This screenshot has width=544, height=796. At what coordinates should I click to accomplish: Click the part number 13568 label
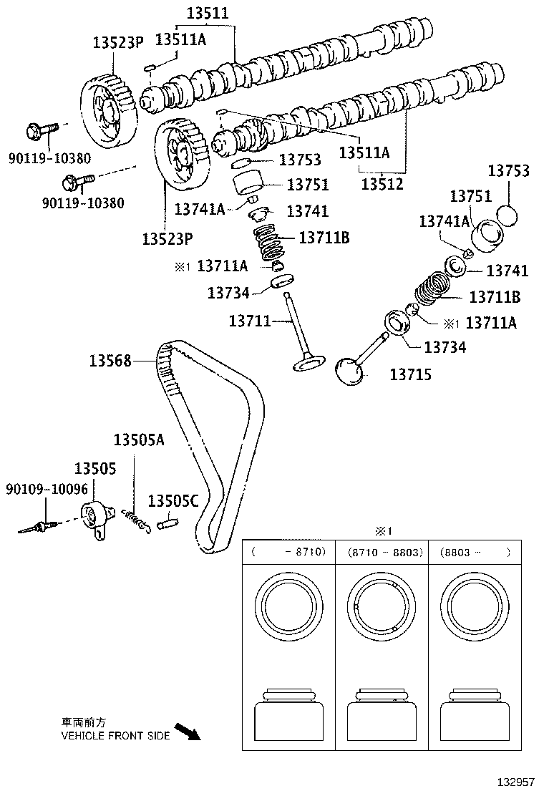coord(110,361)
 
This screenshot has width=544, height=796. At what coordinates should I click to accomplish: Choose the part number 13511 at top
coord(208,13)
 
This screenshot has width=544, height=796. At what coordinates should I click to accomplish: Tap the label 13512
coord(382,184)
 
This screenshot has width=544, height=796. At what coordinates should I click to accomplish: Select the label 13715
coord(410,374)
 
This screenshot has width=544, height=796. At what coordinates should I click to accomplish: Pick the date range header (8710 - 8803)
coord(385,552)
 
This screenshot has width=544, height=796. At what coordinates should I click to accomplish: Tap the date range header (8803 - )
coord(476,552)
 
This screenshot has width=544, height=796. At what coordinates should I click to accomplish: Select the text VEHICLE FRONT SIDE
coord(115,735)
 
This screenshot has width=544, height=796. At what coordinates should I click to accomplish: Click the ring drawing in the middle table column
coord(381,608)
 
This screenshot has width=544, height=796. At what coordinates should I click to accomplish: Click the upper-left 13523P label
coord(119,42)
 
